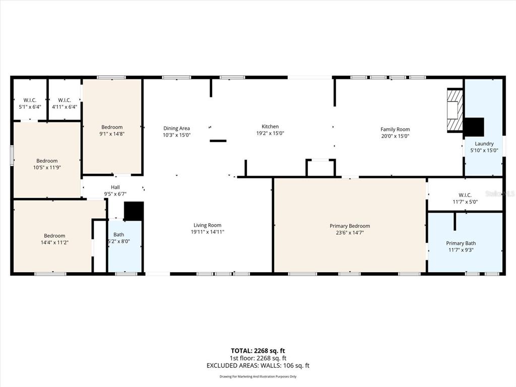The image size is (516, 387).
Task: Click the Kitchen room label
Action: point(270,126)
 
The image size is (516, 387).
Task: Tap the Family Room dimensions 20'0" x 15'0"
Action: point(395,136)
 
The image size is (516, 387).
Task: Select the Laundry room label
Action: point(484,144)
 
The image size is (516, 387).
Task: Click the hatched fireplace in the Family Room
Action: point(455,110)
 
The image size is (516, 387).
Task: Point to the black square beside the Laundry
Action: point(474,126)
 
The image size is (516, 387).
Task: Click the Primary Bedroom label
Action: point(350,226)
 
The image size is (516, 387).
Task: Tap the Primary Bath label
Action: point(461,243)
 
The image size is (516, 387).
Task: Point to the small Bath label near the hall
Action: point(118,234)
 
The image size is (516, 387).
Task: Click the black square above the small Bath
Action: point(134,211)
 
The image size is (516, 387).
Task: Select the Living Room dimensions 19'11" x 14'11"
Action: point(208,232)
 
